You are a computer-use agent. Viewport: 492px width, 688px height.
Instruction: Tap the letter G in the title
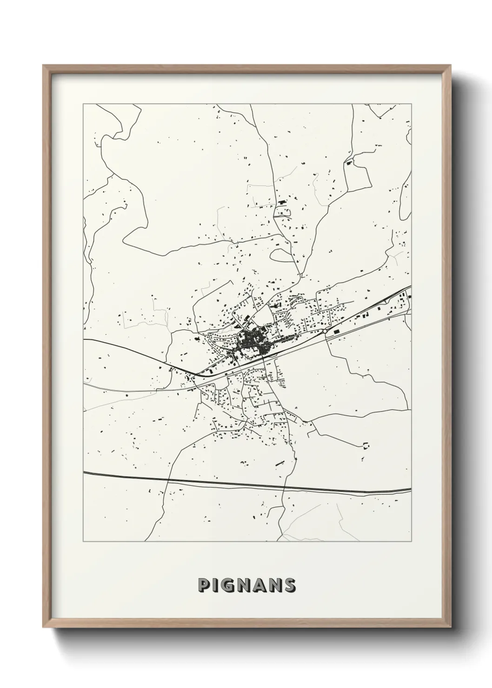click(228, 585)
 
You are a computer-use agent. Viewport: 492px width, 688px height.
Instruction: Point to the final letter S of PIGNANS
click(290, 585)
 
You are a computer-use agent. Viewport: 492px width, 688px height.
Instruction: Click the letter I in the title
click(214, 585)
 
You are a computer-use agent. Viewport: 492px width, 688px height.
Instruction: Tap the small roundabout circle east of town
click(324, 331)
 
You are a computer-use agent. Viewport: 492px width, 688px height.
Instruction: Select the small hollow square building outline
click(365, 445)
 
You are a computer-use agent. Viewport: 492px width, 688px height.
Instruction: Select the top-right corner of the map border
click(411, 105)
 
